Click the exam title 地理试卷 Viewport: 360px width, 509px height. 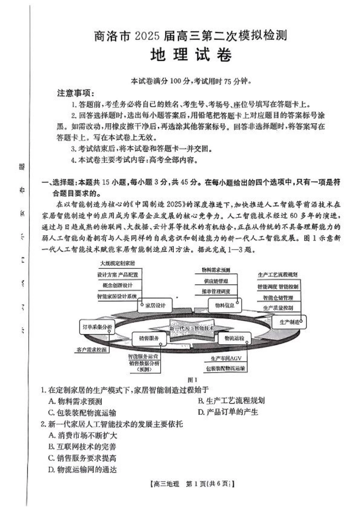pos(191,55)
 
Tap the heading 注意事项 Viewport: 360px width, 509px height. pos(75,93)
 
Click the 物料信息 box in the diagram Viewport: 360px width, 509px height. pos(225,305)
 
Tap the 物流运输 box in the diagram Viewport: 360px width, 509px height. pos(234,338)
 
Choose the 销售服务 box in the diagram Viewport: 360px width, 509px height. pos(149,338)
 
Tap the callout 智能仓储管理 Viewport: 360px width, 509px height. pos(278,298)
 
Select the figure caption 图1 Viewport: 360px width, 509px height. pos(193,379)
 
